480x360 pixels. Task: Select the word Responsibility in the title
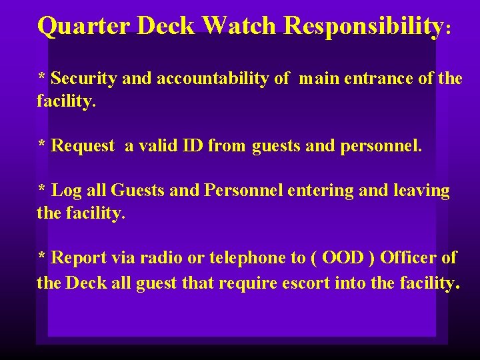click(x=363, y=27)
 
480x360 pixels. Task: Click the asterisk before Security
click(x=41, y=77)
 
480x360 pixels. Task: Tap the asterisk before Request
click(x=41, y=145)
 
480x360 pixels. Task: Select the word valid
click(x=159, y=145)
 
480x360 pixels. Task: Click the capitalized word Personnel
click(x=244, y=191)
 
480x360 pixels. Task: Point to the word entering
click(x=321, y=191)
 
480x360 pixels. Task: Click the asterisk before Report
click(x=41, y=257)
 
